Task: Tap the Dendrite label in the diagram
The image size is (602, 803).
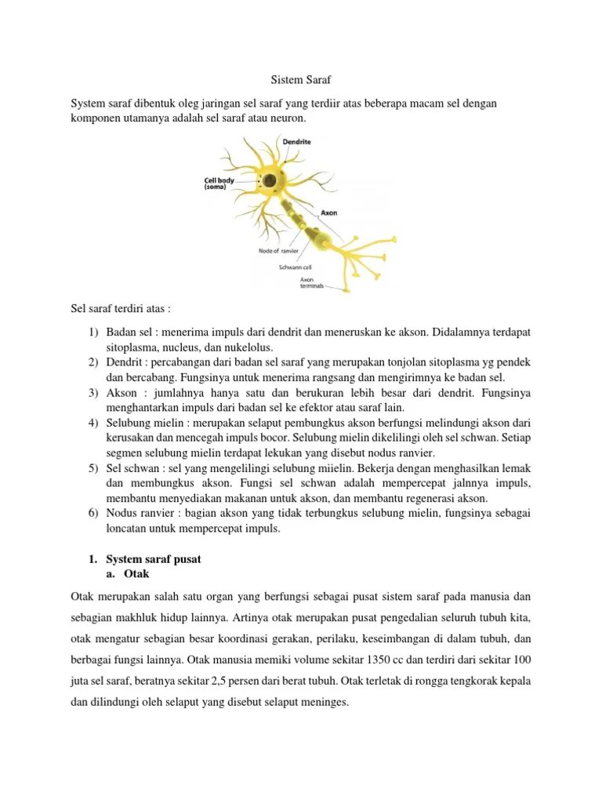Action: click(296, 142)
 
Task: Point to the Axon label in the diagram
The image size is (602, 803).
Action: click(328, 213)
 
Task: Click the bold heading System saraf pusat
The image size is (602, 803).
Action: click(154, 559)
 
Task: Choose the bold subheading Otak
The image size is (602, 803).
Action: click(136, 573)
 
